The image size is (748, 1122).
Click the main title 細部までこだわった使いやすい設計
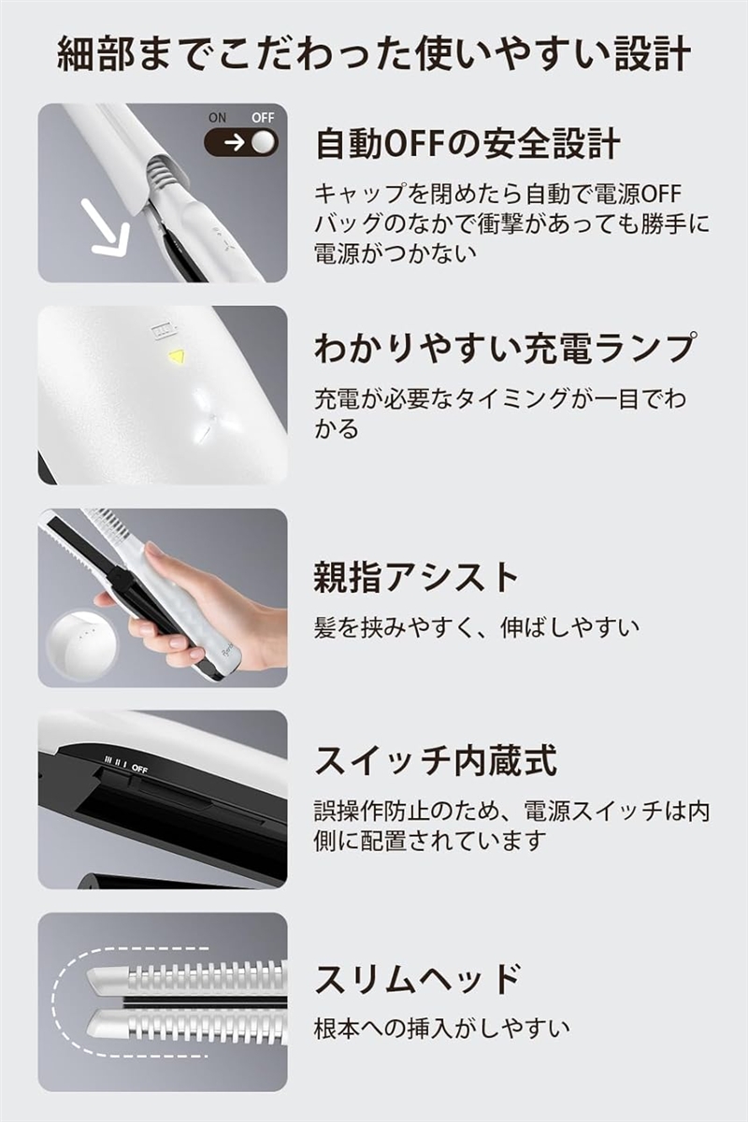tap(374, 54)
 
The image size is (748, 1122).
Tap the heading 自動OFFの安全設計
tap(467, 144)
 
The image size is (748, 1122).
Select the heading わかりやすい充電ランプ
tap(505, 348)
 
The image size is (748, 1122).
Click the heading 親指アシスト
tap(415, 577)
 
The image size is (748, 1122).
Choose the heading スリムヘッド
tap(417, 980)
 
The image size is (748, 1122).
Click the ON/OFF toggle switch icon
tap(241, 142)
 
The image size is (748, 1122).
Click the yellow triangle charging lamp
tap(175, 356)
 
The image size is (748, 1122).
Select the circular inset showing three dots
tap(82, 642)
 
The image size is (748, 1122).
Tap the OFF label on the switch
tap(140, 767)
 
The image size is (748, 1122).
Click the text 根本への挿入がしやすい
tap(441, 1029)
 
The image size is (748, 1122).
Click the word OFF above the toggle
tap(262, 118)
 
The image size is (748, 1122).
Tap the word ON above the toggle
tap(217, 118)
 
